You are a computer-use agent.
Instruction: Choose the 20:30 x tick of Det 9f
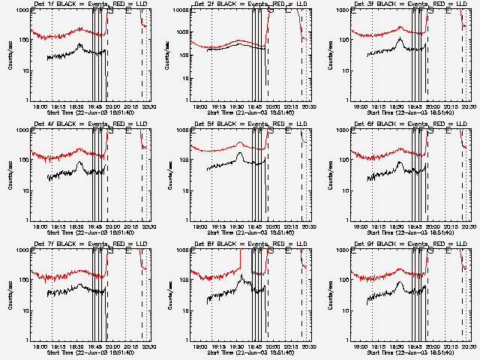click(469, 346)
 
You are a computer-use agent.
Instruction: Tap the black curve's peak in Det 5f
click(239, 156)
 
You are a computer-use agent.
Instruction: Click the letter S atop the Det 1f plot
click(111, 11)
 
